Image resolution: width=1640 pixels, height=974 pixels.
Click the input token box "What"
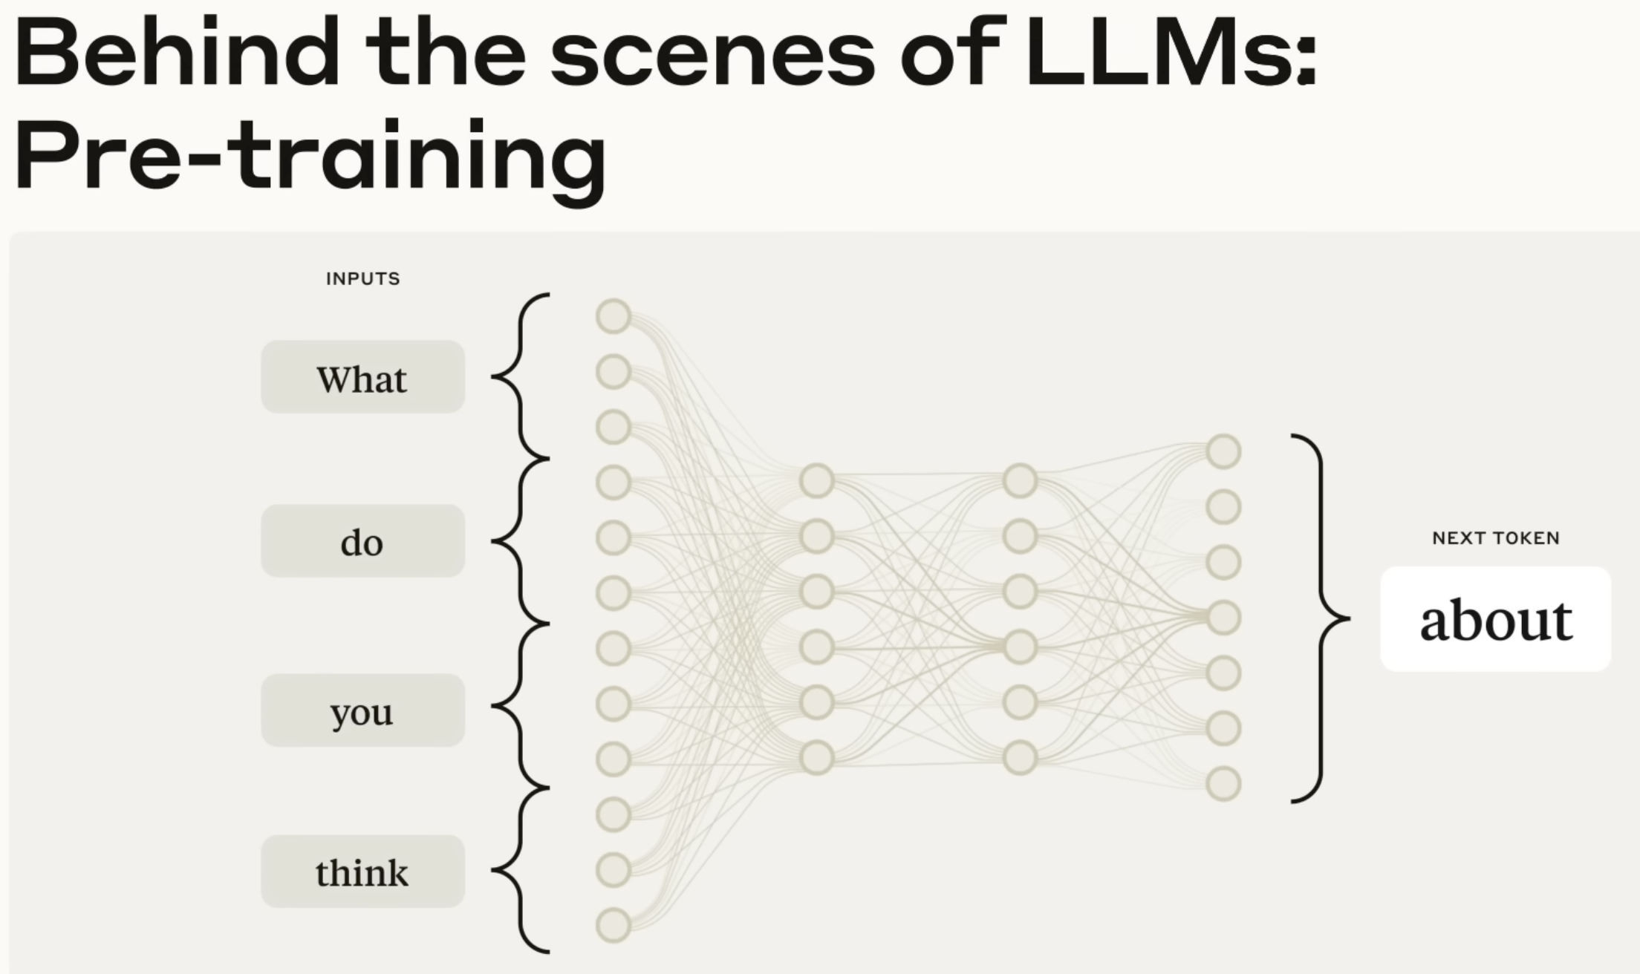(x=362, y=377)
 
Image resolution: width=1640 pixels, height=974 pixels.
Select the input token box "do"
(x=362, y=541)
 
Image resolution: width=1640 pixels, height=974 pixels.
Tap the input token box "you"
(x=362, y=710)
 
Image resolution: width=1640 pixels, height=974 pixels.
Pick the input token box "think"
(x=362, y=872)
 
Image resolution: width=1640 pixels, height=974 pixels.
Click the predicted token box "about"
(x=1496, y=619)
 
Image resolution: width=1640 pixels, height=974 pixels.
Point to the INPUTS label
(x=363, y=279)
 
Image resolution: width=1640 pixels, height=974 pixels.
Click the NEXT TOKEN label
(x=1496, y=538)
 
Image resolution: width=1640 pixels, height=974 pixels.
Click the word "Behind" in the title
(x=177, y=53)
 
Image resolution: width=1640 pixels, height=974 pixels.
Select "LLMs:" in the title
(x=1171, y=53)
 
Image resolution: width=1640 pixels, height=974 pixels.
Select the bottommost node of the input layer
(x=614, y=926)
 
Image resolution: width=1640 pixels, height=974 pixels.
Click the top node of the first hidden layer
(x=817, y=481)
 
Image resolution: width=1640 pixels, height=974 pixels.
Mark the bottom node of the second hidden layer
(x=1021, y=758)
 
